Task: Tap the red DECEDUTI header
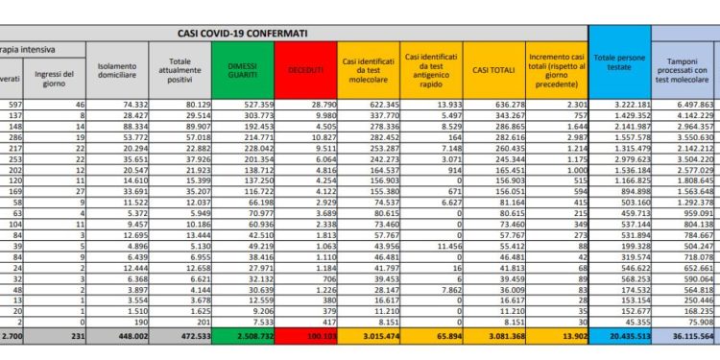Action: (305, 69)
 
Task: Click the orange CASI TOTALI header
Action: (492, 69)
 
